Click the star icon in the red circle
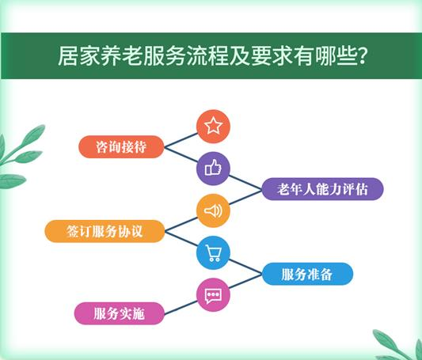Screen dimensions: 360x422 tap(213, 125)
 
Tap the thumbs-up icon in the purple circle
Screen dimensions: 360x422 tap(213, 168)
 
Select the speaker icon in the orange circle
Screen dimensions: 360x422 tap(213, 210)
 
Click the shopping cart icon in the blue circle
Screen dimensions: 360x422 tap(213, 253)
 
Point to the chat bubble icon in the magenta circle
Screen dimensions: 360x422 tap(213, 296)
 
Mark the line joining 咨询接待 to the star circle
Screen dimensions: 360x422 tap(181, 136)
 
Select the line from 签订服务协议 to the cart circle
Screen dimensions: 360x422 tap(181, 241)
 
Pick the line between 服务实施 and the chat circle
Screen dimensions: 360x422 tap(181, 305)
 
